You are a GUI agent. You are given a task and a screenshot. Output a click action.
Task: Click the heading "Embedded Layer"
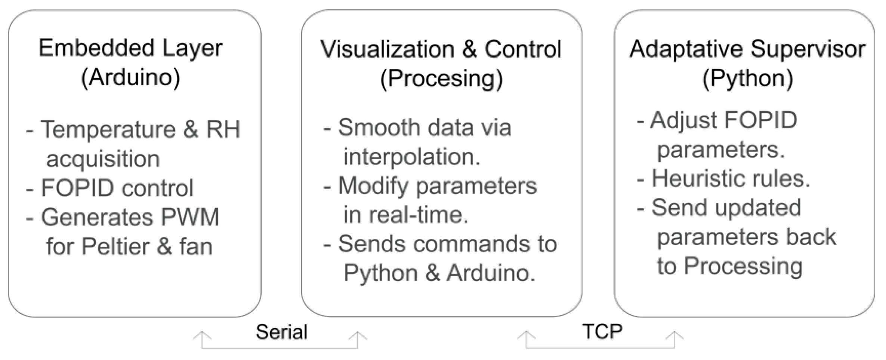130,48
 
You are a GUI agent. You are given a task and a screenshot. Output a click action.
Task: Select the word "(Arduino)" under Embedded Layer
130,78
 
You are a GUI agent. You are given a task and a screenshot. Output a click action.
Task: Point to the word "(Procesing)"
441,79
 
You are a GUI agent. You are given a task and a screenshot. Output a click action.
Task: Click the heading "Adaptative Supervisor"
747,49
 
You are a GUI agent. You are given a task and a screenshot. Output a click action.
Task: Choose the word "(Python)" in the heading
747,79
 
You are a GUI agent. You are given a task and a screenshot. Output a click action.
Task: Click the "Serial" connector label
281,332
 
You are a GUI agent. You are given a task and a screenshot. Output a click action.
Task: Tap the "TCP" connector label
602,331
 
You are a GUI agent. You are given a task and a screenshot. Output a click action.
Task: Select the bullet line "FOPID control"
117,188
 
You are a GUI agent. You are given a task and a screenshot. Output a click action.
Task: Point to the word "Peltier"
115,247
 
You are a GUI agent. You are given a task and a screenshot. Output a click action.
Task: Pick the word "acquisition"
103,159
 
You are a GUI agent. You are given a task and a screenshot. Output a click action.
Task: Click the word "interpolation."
412,157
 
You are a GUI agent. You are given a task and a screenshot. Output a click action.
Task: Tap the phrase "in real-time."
405,215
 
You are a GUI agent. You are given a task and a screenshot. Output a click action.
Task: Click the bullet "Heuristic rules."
731,179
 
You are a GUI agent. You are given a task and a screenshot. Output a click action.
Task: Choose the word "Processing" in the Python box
743,266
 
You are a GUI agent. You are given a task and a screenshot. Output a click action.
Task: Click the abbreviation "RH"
223,129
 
